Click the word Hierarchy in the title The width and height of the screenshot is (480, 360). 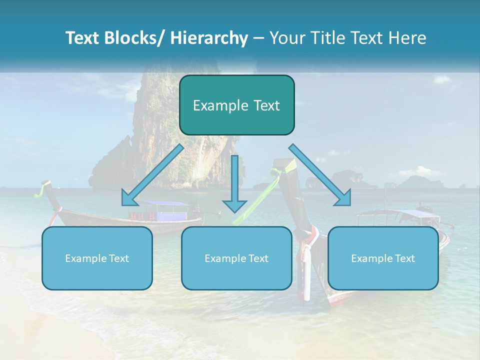pos(209,38)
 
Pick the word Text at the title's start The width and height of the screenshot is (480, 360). pos(83,38)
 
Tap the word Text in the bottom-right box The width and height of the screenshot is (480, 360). pos(404,258)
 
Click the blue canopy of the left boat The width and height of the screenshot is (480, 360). pos(165,203)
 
